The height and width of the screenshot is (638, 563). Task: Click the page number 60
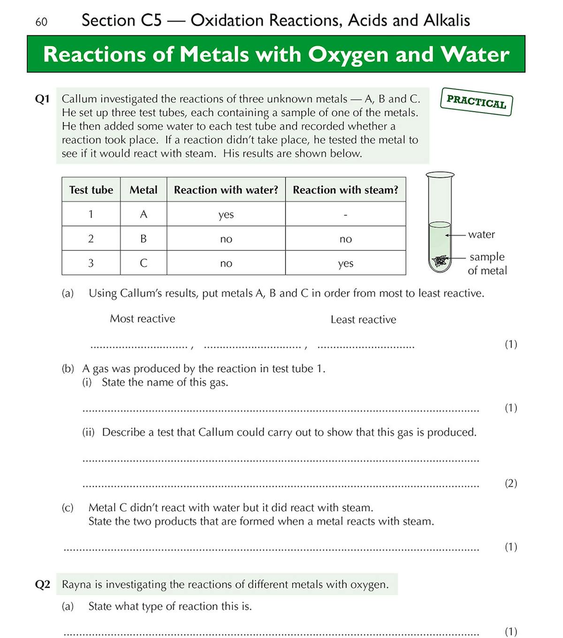coord(41,22)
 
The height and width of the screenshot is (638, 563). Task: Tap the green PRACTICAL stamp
coord(476,101)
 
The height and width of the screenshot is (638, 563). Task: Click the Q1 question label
coord(42,99)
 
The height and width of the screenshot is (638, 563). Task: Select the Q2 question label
coord(42,584)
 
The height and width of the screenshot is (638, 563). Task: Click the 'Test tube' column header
coord(91,190)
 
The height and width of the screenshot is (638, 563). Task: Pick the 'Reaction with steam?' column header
coord(345,190)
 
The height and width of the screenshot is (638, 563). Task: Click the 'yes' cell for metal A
coord(226,215)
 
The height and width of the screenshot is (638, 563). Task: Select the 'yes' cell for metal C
coord(345,264)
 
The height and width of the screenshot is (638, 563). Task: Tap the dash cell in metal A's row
coord(345,215)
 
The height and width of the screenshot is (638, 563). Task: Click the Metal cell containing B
coord(144,239)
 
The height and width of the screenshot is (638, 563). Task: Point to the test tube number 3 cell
coord(91,263)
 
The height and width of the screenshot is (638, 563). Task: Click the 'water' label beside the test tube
coord(481,234)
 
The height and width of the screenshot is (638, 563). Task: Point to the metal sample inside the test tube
coord(440,261)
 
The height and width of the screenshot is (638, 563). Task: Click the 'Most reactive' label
coord(142,319)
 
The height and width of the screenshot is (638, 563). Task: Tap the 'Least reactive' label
coord(363,319)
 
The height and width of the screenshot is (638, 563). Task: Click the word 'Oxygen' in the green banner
coord(349,54)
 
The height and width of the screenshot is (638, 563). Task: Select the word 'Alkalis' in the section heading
coord(446,21)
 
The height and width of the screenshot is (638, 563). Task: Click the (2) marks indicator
coord(510,483)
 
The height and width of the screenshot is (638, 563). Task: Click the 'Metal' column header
coord(144,190)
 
